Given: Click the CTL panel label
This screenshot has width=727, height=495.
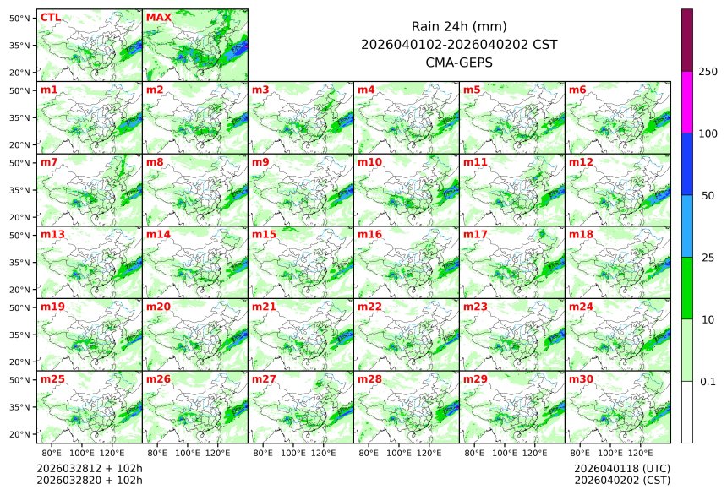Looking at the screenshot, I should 50,17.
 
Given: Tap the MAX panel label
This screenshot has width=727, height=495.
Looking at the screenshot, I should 158,17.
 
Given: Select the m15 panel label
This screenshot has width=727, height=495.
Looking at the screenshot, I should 264,234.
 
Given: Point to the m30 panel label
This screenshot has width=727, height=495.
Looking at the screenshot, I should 581,379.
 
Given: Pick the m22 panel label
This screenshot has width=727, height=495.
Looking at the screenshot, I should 369,307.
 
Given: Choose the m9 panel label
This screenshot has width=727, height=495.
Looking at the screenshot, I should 261,161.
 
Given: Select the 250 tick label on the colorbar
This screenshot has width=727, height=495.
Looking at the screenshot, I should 708,72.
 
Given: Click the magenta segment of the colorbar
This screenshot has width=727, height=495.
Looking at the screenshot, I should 687,101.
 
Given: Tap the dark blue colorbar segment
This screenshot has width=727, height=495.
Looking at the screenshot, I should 687,164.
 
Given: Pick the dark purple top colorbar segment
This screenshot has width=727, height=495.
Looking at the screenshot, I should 687,40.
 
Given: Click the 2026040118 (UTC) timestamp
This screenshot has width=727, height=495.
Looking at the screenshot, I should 621,468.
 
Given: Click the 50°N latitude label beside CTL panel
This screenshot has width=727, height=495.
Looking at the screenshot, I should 20,18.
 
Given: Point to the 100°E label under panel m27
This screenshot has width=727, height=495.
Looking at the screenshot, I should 292,454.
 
